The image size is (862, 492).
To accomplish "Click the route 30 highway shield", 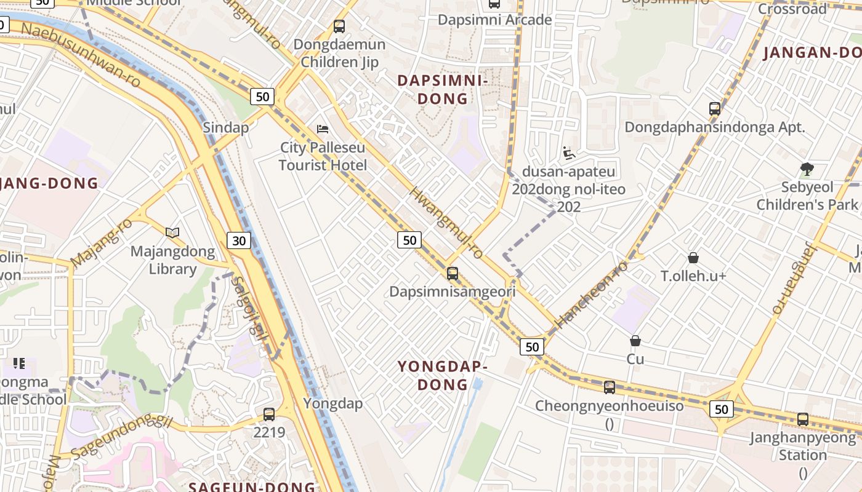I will pyautogui.click(x=239, y=240).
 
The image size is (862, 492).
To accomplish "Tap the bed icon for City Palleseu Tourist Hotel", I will pyautogui.click(x=323, y=129).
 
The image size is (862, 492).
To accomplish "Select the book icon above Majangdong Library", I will pyautogui.click(x=173, y=232).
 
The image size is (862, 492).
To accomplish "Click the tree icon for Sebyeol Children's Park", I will pyautogui.click(x=807, y=169).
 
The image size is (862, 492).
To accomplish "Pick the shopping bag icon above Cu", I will pyautogui.click(x=635, y=341).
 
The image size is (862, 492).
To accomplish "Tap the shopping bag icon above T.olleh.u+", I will pyautogui.click(x=693, y=258).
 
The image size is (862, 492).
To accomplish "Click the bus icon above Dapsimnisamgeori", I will pyautogui.click(x=453, y=274).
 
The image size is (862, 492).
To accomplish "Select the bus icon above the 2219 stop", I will pyautogui.click(x=269, y=414).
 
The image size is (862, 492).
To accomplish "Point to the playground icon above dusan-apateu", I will pyautogui.click(x=569, y=153).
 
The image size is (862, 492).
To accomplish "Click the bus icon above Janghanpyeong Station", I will pyautogui.click(x=803, y=419).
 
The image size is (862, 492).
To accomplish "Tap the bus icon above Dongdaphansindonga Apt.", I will pyautogui.click(x=714, y=109).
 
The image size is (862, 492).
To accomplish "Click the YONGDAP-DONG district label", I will pyautogui.click(x=443, y=376).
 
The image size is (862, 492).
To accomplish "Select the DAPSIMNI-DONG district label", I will pyautogui.click(x=443, y=90).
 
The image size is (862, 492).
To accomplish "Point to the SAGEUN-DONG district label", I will pyautogui.click(x=252, y=486).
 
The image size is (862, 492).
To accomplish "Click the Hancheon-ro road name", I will pyautogui.click(x=590, y=294).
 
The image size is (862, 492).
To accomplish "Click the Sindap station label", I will pyautogui.click(x=226, y=128).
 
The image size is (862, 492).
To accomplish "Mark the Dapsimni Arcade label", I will pyautogui.click(x=494, y=20).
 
